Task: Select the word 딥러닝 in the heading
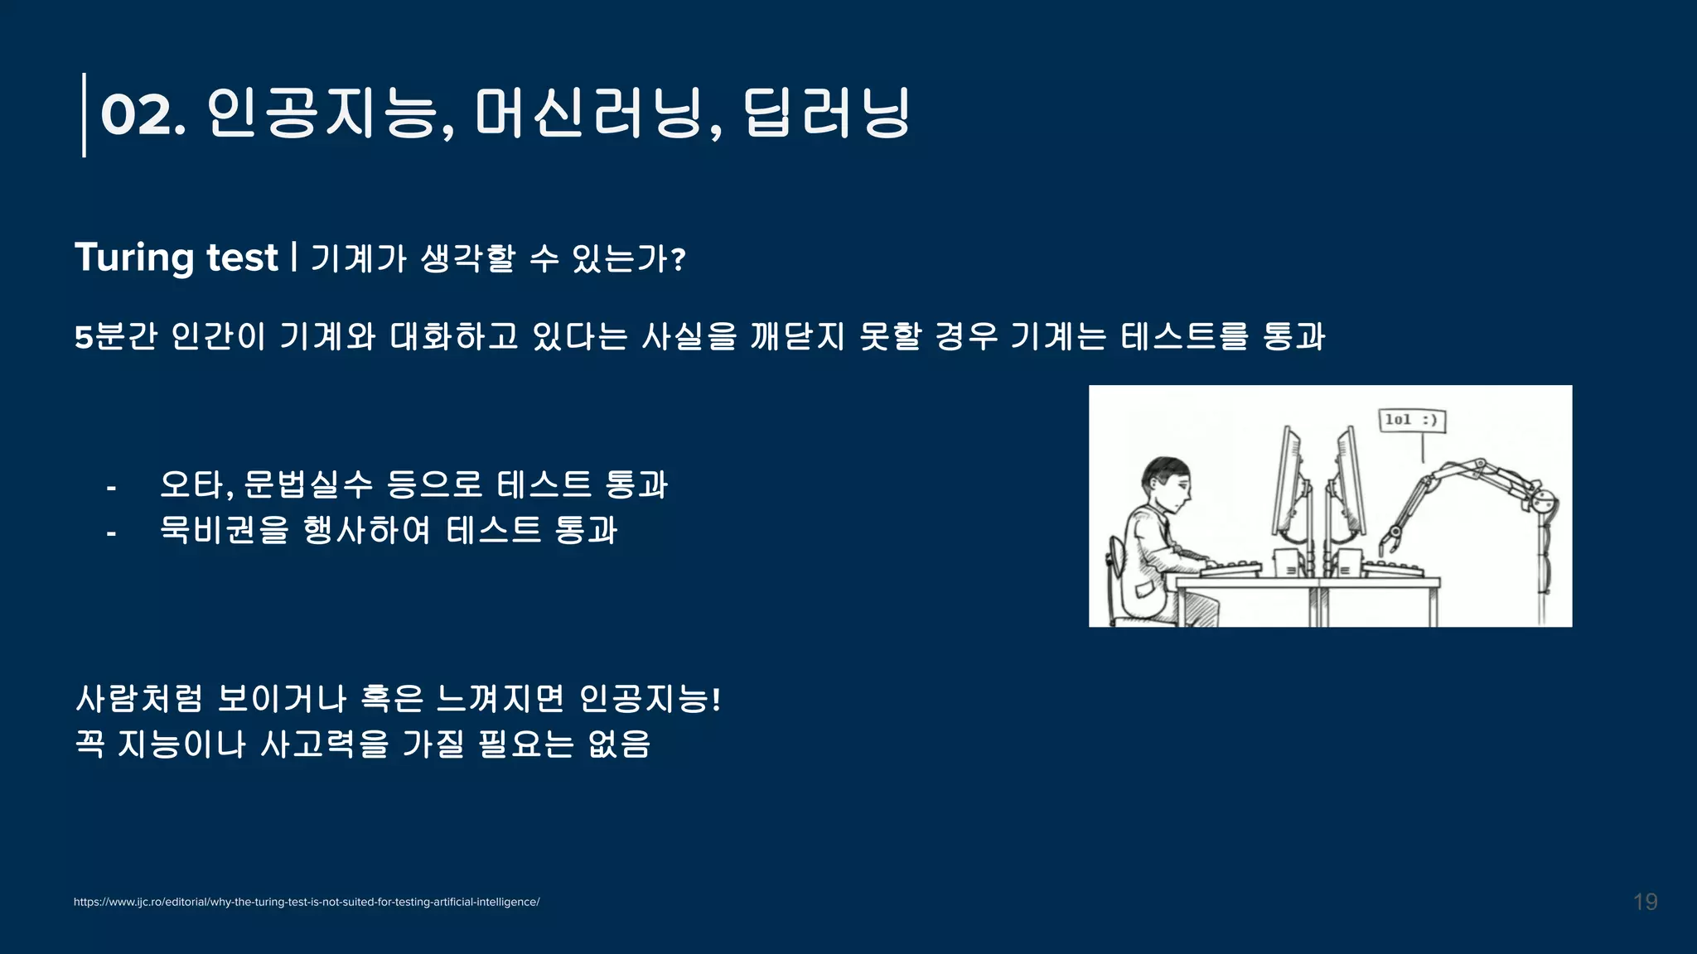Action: pyautogui.click(x=827, y=113)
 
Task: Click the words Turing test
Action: pyautogui.click(x=176, y=258)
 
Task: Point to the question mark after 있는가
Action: pyautogui.click(x=679, y=261)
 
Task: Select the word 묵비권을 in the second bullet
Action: pyautogui.click(x=225, y=529)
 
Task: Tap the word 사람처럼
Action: pyautogui.click(x=138, y=699)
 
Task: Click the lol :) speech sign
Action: pyautogui.click(x=1411, y=420)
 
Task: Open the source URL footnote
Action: pyautogui.click(x=307, y=902)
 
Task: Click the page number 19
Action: pyautogui.click(x=1645, y=902)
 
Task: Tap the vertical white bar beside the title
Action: pyautogui.click(x=84, y=115)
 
